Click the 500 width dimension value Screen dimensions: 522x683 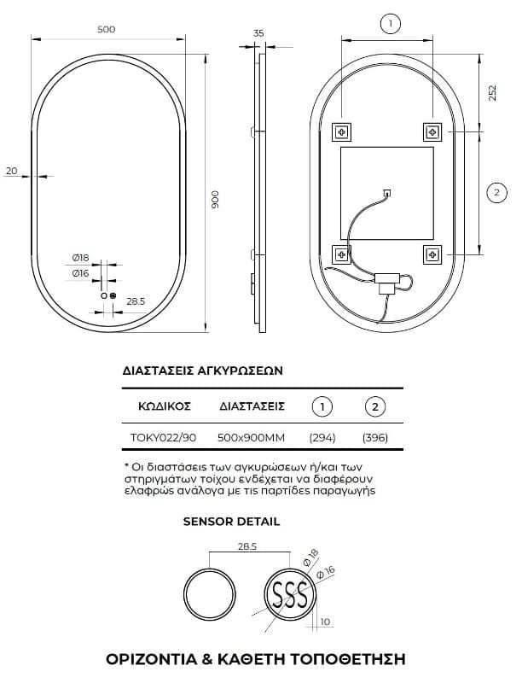click(106, 29)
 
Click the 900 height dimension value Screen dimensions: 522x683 click(215, 200)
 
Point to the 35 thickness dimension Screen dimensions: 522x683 click(258, 33)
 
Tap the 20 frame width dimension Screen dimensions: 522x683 click(11, 171)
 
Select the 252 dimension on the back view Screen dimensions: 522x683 click(492, 93)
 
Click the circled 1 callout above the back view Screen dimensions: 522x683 click(390, 23)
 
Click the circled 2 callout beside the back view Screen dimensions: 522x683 click(497, 192)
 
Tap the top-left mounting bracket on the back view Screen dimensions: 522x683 click(342, 131)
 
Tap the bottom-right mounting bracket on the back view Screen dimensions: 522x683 click(432, 254)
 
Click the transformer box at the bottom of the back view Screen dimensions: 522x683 click(387, 282)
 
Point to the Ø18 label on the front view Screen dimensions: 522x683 click(80, 258)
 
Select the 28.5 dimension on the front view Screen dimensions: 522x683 click(136, 301)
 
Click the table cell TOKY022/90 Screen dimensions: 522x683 click(163, 437)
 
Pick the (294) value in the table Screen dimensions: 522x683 click(322, 437)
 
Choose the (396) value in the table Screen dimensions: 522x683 click(375, 437)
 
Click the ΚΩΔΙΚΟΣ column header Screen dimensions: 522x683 click(165, 406)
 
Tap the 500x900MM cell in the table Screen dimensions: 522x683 click(251, 437)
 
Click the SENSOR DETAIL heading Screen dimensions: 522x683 click(231, 522)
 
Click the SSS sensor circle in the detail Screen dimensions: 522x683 click(290, 594)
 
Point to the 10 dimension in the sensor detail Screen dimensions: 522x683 click(325, 622)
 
